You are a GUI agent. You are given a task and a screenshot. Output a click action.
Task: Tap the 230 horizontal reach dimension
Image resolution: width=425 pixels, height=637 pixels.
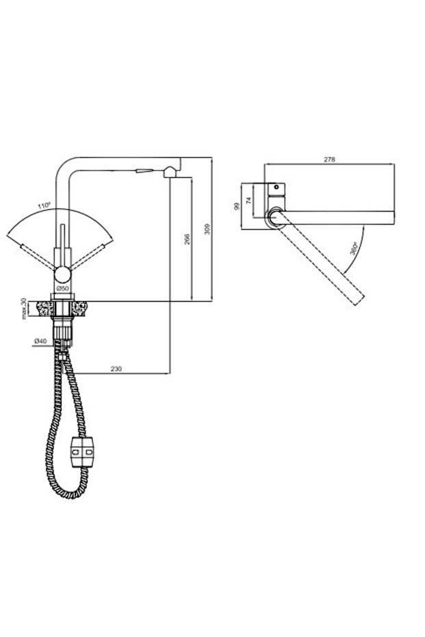[x=116, y=369]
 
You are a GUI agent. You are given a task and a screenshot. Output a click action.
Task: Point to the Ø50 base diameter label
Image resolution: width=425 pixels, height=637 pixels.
[x=63, y=289]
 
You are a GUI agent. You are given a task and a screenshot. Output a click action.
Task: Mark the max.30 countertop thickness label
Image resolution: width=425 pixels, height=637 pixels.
[x=25, y=309]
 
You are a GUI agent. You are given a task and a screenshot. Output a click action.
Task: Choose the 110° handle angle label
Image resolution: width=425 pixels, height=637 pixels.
[x=46, y=205]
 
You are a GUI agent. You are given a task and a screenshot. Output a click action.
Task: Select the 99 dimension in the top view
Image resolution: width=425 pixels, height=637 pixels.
[x=237, y=206]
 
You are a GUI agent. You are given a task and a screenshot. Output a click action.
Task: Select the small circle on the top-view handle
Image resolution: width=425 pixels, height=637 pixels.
[x=276, y=187]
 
